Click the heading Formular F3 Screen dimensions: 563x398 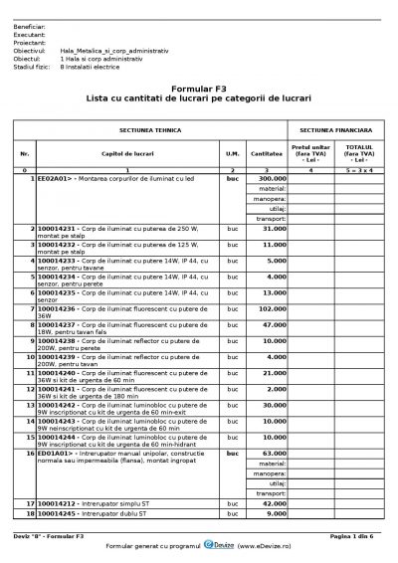(199, 88)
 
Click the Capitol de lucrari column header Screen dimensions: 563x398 (123, 153)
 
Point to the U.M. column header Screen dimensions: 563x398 (232, 153)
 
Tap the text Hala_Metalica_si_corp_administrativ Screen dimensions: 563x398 (114, 48)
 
